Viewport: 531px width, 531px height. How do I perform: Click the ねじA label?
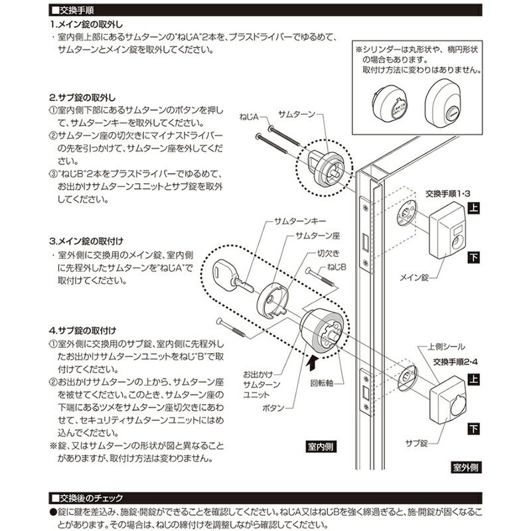249,116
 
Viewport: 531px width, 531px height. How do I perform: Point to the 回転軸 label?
321,384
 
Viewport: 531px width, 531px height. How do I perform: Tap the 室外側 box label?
466,467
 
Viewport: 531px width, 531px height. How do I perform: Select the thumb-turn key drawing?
228,275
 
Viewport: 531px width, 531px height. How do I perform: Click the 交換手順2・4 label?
456,362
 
